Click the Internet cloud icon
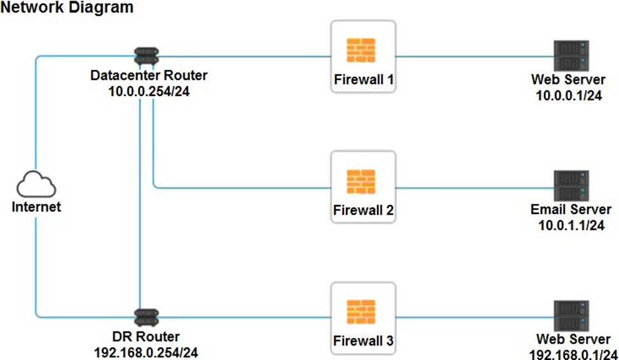coord(36,185)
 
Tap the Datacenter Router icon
coord(147,56)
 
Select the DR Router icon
coord(147,316)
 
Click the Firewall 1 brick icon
coord(363,50)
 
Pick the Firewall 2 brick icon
coord(363,181)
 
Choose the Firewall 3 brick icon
coord(363,312)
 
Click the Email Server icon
coord(571,185)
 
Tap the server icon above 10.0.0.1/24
coord(571,55)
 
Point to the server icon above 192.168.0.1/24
coord(571,316)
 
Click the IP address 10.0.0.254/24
coord(149,91)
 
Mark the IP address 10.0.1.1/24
coord(571,225)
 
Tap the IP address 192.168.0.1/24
coord(571,353)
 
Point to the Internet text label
coord(36,207)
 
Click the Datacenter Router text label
coord(149,76)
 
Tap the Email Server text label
coord(571,210)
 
